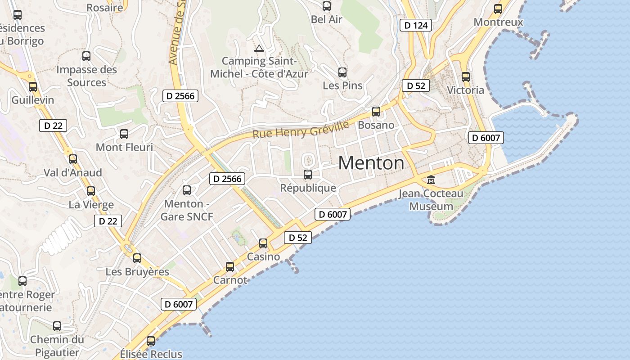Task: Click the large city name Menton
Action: coord(371,163)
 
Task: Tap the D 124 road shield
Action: coord(416,25)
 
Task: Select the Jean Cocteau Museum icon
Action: coord(431,180)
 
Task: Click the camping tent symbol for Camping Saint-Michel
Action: coord(259,48)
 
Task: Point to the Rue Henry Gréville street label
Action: coord(301,130)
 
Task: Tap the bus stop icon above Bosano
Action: coord(376,112)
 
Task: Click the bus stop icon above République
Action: coord(308,175)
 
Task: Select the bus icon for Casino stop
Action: coord(263,243)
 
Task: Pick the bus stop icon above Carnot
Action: coord(230,267)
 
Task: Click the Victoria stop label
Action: coord(466,90)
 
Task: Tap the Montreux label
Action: coord(498,22)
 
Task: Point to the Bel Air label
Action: coord(327,19)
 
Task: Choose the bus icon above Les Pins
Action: coord(342,72)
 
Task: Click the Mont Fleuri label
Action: coord(124,147)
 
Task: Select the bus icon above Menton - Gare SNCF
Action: coord(187,190)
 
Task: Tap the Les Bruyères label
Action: coord(137,272)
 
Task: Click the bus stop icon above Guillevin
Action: coord(33,87)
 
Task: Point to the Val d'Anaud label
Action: coord(72,172)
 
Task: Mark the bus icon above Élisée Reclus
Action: coord(151,341)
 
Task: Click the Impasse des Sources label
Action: coord(86,76)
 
